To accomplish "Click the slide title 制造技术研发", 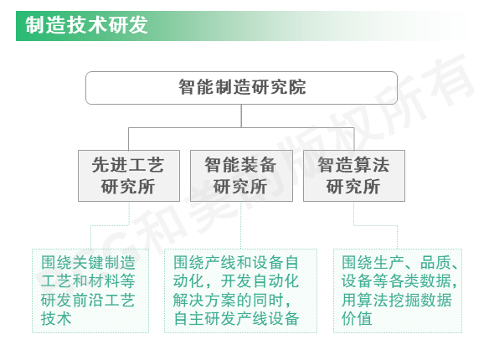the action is click(x=86, y=25).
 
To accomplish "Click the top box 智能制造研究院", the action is click(x=241, y=88).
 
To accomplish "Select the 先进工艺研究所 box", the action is click(x=129, y=176).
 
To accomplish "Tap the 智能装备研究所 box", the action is click(x=241, y=176).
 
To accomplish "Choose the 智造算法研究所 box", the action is click(x=354, y=176).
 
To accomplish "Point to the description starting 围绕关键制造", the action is click(x=90, y=291).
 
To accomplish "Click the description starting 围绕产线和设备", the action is click(x=240, y=291).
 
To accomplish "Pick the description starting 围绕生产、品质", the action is click(x=398, y=291).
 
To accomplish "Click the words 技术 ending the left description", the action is click(x=56, y=318).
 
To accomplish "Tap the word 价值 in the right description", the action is click(x=357, y=318).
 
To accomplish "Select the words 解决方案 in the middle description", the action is click(x=204, y=300).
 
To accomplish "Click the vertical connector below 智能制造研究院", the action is click(x=241, y=116).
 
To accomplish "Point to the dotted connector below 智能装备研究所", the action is click(x=241, y=225).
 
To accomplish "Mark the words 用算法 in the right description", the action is click(x=364, y=300).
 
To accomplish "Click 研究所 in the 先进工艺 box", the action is click(x=128, y=187).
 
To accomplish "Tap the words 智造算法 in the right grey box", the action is click(x=353, y=165).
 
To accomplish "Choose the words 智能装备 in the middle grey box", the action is click(x=240, y=165).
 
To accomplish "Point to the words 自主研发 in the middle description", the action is click(x=204, y=318).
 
